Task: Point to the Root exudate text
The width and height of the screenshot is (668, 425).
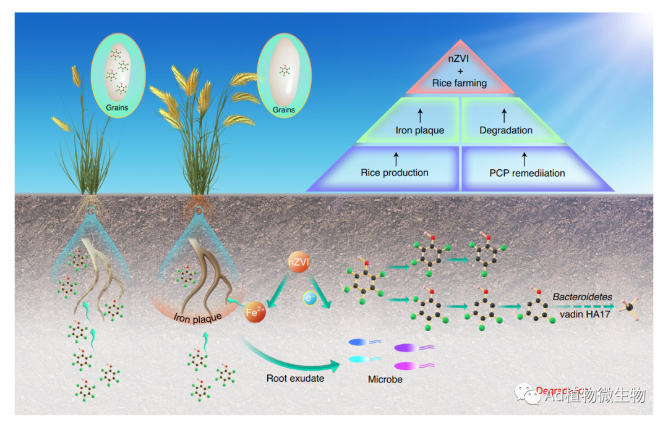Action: pyautogui.click(x=295, y=378)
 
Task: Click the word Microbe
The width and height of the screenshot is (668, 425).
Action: pyautogui.click(x=385, y=379)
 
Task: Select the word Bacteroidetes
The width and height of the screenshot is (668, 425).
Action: pyautogui.click(x=582, y=297)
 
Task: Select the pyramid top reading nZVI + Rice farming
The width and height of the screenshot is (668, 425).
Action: pyautogui.click(x=459, y=72)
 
